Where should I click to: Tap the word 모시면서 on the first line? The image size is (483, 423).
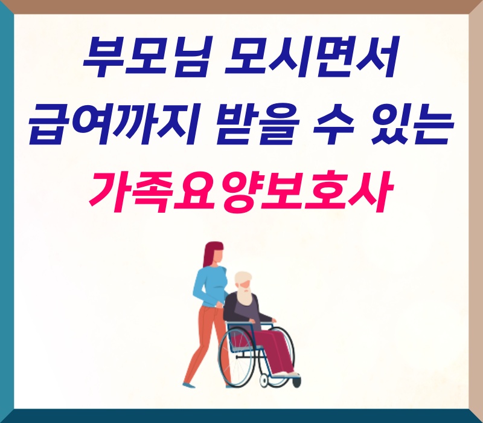click(312, 57)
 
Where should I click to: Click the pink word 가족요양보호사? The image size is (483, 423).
click(241, 191)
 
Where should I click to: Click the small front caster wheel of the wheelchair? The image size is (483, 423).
click(264, 381)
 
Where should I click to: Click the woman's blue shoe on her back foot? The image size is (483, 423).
click(188, 386)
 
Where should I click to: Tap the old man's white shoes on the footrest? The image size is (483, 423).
click(286, 374)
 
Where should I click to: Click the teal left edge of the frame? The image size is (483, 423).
click(7, 211)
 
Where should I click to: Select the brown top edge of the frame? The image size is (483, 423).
click(241, 7)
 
